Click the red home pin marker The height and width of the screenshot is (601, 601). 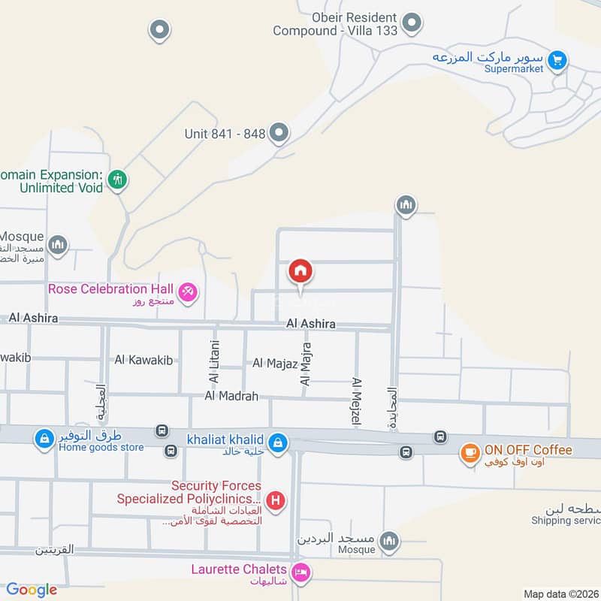[x=300, y=271]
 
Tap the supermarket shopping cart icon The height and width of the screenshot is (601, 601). [x=557, y=61]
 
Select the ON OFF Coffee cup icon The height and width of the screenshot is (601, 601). [x=470, y=452]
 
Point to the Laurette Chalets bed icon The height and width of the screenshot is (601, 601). [x=301, y=572]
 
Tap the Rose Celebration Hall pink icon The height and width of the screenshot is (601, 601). [x=188, y=290]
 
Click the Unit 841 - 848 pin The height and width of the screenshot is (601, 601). [x=279, y=134]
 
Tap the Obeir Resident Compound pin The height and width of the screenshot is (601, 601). [x=411, y=24]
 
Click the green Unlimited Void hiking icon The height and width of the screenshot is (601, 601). [x=116, y=180]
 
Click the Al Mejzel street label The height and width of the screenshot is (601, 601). [x=356, y=403]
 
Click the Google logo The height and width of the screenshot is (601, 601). [x=32, y=590]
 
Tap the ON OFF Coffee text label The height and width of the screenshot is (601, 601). [x=528, y=450]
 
